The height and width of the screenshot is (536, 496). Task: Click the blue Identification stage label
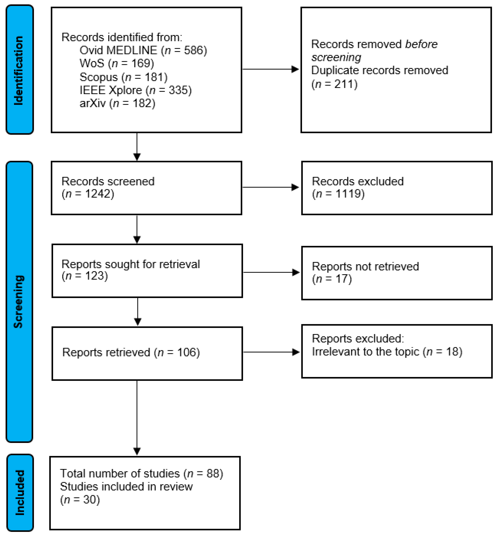(x=20, y=69)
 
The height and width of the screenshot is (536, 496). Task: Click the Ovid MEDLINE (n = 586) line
(x=143, y=50)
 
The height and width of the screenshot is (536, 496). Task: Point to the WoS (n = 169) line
(x=117, y=63)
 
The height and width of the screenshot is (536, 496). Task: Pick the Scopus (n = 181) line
(x=123, y=77)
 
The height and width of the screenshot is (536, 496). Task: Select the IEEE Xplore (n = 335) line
(x=135, y=90)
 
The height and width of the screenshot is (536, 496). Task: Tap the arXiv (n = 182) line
(x=117, y=103)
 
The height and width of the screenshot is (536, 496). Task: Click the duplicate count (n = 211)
(x=334, y=84)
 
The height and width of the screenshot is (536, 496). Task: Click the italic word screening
(x=336, y=57)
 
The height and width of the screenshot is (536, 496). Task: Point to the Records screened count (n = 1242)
(x=88, y=194)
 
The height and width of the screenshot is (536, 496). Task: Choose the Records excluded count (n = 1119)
(x=338, y=194)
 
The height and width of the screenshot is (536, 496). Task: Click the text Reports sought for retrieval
(x=131, y=264)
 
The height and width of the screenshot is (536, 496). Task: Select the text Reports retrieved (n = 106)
(x=131, y=352)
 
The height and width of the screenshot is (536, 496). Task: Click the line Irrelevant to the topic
(x=387, y=352)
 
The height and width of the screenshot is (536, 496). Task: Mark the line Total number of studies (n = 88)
(x=141, y=473)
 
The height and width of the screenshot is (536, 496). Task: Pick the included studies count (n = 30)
(x=80, y=499)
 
